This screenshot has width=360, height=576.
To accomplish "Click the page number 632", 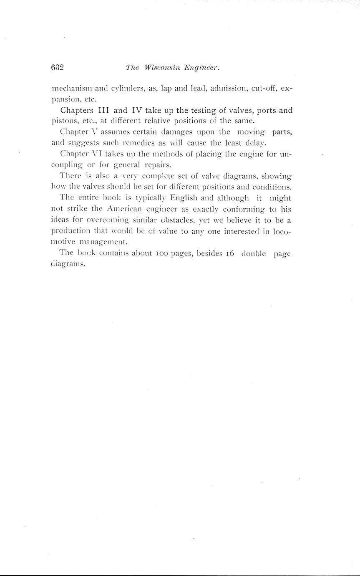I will [x=57, y=68].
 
